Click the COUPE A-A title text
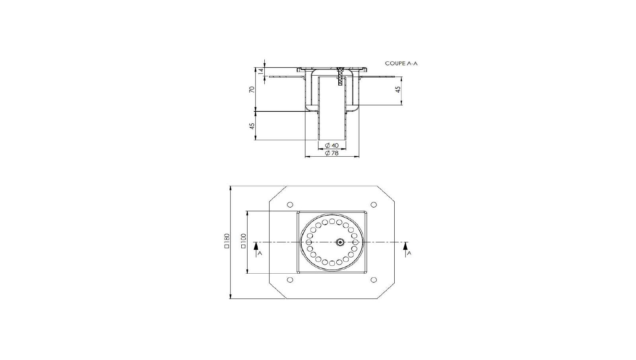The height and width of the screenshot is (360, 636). tap(401, 63)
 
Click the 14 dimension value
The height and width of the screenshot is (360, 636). tap(261, 71)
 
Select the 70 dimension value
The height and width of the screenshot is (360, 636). tap(251, 90)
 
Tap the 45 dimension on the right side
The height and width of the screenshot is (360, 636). tap(397, 90)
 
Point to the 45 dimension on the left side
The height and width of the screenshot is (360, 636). tap(251, 126)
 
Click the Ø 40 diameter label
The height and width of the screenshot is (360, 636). tap(332, 146)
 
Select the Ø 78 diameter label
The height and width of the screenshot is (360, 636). tap(332, 153)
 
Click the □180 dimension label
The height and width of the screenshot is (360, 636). tap(227, 241)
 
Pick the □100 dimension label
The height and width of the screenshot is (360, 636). tap(243, 241)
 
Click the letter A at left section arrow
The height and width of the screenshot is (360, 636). tap(260, 253)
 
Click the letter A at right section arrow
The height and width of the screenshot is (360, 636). tap(409, 253)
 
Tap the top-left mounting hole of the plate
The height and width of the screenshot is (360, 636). tap(290, 204)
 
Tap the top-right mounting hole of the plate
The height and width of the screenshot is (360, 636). tap(374, 204)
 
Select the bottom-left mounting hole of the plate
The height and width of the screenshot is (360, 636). tap(290, 280)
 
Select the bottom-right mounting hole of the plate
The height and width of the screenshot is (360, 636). tap(374, 280)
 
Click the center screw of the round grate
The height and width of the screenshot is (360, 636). tap(340, 242)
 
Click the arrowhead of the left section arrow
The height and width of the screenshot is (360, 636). tap(255, 245)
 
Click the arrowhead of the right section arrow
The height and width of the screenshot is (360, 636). tap(405, 245)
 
